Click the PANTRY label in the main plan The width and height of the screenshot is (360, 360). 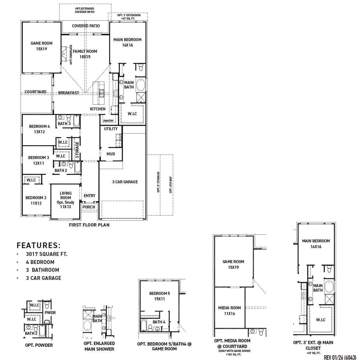click(x=108, y=121)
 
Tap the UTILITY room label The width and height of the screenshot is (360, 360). click(x=111, y=129)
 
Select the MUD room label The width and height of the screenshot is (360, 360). click(x=111, y=154)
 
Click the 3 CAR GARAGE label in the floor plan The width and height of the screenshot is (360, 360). click(x=125, y=182)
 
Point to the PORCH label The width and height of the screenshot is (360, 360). click(x=89, y=207)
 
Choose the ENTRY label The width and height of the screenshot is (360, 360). click(x=89, y=196)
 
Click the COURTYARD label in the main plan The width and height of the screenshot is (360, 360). click(x=35, y=92)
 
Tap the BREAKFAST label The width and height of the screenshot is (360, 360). click(x=69, y=93)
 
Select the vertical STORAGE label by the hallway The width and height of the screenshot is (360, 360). click(x=77, y=150)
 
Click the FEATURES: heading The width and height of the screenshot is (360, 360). click(x=39, y=245)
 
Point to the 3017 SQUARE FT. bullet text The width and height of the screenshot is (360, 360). click(x=47, y=254)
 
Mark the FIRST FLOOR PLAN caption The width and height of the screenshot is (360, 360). click(x=89, y=225)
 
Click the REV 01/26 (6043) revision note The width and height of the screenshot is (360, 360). click(x=340, y=357)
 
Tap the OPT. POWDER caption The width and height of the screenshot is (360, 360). click(x=39, y=345)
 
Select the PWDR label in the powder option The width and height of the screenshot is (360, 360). click(x=50, y=313)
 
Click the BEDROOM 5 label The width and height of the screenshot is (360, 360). click(x=160, y=293)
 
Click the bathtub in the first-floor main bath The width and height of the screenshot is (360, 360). click(x=140, y=85)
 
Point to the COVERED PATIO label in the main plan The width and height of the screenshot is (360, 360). click(x=86, y=26)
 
